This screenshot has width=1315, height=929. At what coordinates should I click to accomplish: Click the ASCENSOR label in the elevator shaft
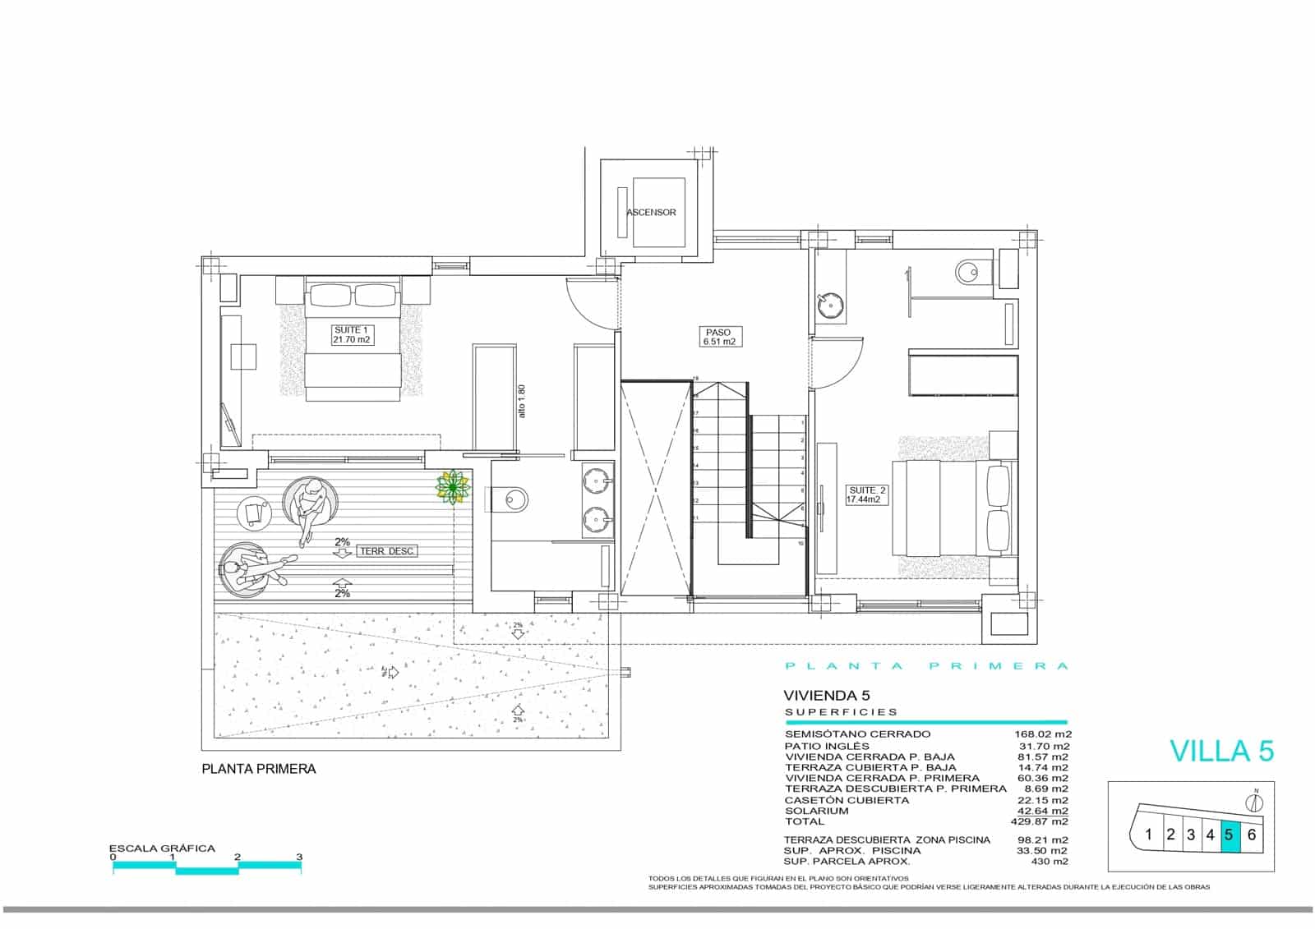pyautogui.click(x=651, y=212)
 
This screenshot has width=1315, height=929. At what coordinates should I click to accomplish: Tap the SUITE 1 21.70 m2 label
pyautogui.click(x=352, y=334)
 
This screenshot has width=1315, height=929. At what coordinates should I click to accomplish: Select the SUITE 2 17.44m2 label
pyautogui.click(x=868, y=494)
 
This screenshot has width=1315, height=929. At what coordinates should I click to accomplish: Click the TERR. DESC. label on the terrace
pyautogui.click(x=386, y=551)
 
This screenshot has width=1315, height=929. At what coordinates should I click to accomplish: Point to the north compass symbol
pyautogui.click(x=1255, y=803)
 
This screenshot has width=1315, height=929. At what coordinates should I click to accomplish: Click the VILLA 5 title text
pyautogui.click(x=1221, y=751)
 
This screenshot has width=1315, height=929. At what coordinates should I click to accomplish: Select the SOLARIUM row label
pyautogui.click(x=816, y=811)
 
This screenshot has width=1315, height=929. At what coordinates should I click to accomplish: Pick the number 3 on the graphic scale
pyautogui.click(x=299, y=857)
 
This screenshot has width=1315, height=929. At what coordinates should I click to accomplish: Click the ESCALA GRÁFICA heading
pyautogui.click(x=163, y=849)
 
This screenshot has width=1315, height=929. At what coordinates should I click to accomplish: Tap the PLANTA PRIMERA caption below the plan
pyautogui.click(x=259, y=770)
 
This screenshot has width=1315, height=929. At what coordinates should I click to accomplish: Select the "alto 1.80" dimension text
pyautogui.click(x=521, y=402)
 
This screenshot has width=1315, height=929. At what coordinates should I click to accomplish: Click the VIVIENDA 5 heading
pyautogui.click(x=827, y=695)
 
